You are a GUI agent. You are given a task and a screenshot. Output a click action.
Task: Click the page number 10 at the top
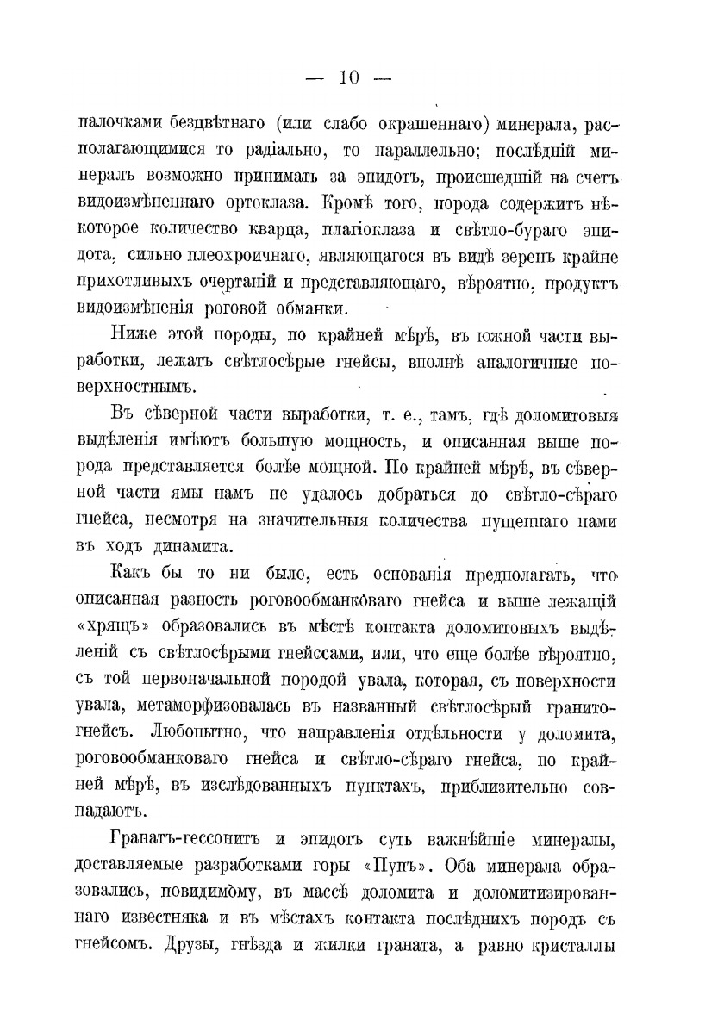tap(348, 78)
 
